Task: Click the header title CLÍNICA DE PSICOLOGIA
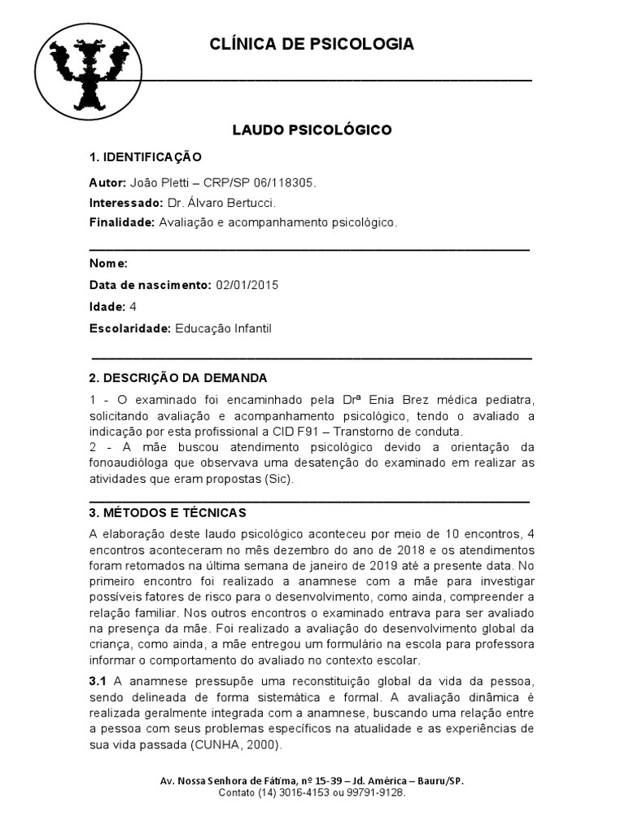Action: [x=312, y=44]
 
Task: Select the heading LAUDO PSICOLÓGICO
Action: [x=312, y=129]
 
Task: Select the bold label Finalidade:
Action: [x=122, y=222]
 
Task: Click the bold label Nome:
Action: [x=108, y=264]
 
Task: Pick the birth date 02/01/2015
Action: [x=247, y=285]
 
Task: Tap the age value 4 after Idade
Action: [x=133, y=307]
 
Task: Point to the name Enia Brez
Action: [x=400, y=400]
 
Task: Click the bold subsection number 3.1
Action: [x=98, y=681]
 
